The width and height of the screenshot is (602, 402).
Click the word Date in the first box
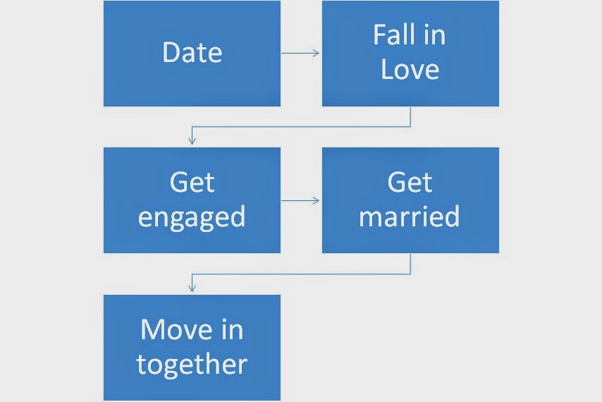[192, 53]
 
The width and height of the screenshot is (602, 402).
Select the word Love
[410, 70]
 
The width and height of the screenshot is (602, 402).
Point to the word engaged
[192, 217]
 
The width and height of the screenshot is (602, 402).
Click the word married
[410, 216]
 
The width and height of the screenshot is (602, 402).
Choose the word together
[192, 365]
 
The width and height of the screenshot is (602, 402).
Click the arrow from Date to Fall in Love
[300, 53]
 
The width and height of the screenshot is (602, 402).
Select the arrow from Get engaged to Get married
[300, 200]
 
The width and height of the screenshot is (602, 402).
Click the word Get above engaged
[192, 183]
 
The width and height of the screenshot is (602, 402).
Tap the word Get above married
[410, 183]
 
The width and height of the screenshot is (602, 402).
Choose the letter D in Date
[170, 53]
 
